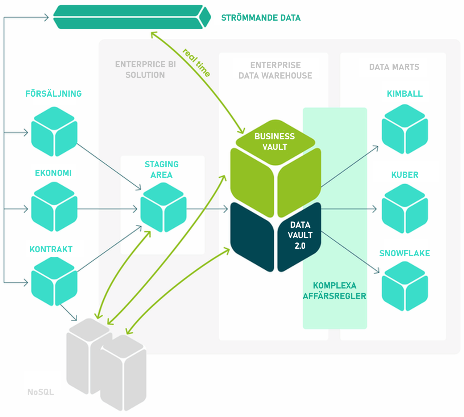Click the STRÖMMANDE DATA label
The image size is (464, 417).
[x=261, y=18]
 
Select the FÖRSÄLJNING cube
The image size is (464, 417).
[x=54, y=131]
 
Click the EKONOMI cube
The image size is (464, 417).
[x=54, y=207]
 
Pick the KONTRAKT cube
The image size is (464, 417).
[x=54, y=282]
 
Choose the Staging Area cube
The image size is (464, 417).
[x=163, y=207]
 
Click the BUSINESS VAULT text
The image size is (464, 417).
[x=275, y=142]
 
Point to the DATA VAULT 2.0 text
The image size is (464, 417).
[x=300, y=235]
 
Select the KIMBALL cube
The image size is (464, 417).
[x=405, y=129]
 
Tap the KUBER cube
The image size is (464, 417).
[x=405, y=209]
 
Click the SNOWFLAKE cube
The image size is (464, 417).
[x=405, y=286]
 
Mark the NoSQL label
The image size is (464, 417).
[x=41, y=392]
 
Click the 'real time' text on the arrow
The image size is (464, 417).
[x=196, y=63]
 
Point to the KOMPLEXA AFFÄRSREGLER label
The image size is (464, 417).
[x=334, y=291]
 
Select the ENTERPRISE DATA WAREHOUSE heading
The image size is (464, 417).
[x=275, y=70]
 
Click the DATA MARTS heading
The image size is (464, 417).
[x=394, y=67]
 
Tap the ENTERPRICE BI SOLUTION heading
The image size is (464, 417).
[x=145, y=70]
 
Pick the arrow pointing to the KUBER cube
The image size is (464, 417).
[x=348, y=209]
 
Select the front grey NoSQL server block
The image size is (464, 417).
[x=123, y=373]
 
